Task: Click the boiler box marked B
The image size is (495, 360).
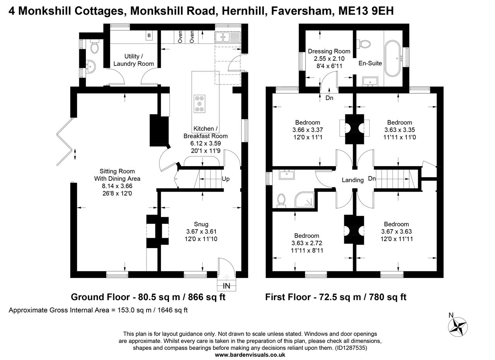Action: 149,36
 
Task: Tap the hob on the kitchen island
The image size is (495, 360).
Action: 200,103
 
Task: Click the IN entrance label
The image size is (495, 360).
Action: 227,286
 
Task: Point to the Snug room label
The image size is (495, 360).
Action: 201,224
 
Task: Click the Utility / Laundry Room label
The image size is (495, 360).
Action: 133,60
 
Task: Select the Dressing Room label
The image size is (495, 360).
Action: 329,51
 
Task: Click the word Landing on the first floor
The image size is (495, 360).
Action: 353,180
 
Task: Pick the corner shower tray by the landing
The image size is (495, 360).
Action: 304,199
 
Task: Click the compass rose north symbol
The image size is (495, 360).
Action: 458,326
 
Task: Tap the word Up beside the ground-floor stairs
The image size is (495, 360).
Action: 226,179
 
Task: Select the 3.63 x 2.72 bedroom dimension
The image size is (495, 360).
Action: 307,243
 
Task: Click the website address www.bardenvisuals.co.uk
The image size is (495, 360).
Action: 250,354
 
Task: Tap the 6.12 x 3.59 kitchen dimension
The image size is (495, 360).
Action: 205,144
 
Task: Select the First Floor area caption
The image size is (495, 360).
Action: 336,297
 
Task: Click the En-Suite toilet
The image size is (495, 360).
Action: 364,43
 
